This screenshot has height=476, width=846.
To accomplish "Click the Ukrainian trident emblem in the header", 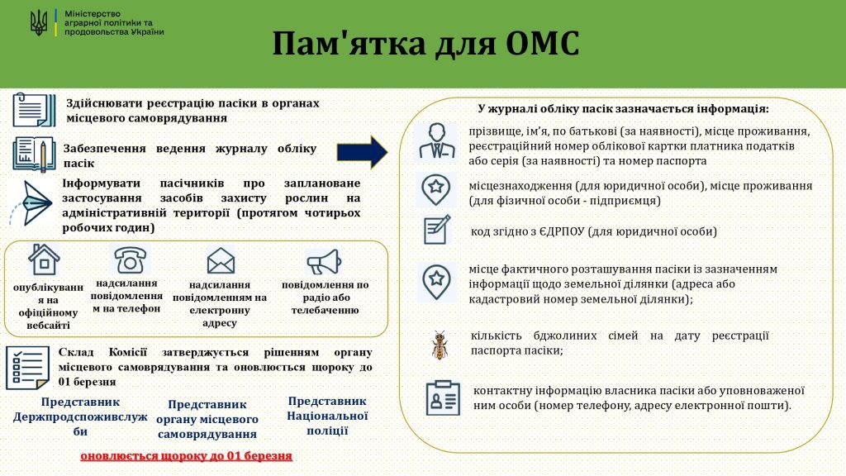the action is coord(38,23).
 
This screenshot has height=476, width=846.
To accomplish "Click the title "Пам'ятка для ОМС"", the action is coord(425,43).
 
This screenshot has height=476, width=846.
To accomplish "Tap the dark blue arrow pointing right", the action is coord(362,152).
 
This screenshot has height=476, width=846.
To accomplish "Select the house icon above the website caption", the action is coord(44,259).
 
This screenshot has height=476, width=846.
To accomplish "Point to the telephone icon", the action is coord(130,259).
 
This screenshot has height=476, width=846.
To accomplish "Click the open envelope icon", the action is coord(221,260).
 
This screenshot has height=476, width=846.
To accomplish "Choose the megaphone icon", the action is coord(324,262).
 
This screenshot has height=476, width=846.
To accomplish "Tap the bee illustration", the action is coord(440,345).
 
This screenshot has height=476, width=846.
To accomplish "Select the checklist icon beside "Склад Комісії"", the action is coord(27,368).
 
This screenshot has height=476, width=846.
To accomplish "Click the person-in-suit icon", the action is coord(436,140).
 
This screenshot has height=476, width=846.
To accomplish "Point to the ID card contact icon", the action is coord(443,398).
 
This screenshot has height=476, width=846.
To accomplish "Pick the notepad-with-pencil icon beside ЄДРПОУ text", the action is coord(437,230).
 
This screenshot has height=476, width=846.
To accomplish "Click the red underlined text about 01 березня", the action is coord(186,456).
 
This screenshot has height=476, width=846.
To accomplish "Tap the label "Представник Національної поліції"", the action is coord(327,416).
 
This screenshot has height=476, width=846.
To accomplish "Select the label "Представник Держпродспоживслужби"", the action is coord(80,416).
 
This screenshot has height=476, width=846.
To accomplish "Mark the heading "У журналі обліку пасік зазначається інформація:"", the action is coord(623,108).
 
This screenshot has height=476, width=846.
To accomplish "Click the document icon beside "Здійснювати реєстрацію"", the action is coord(34,110).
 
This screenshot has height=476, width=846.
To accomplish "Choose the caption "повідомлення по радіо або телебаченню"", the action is coord(326,297).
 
